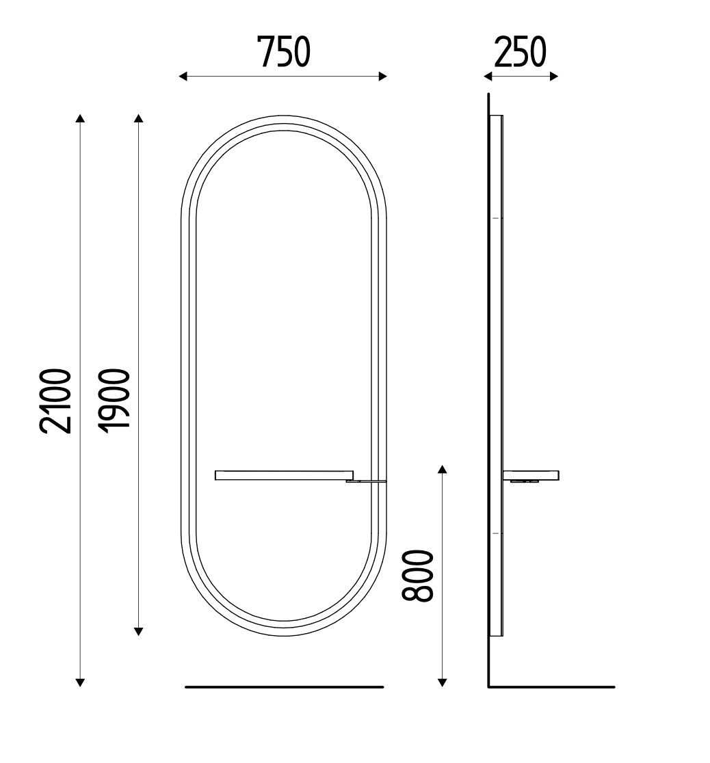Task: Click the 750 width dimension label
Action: click(x=283, y=52)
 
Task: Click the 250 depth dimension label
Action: click(x=520, y=52)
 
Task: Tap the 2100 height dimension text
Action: click(x=56, y=401)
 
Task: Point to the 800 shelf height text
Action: click(x=417, y=576)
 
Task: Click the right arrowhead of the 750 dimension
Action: click(x=382, y=77)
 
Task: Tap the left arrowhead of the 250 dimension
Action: click(x=488, y=77)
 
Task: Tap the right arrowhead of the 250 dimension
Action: click(x=553, y=77)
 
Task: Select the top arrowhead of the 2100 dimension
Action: click(x=80, y=118)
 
